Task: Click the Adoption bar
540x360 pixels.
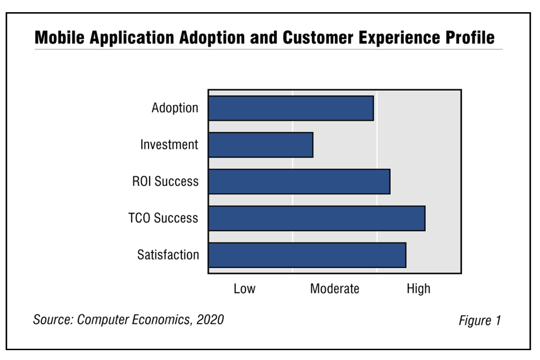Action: click(291, 108)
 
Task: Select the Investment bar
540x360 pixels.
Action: click(260, 145)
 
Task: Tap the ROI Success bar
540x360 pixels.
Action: click(299, 181)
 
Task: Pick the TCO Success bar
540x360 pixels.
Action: click(316, 218)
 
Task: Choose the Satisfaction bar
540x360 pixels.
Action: click(307, 255)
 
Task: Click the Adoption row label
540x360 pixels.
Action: click(175, 108)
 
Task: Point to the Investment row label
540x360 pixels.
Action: click(169, 145)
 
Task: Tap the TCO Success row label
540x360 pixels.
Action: click(163, 218)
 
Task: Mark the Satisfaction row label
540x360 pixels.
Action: click(168, 255)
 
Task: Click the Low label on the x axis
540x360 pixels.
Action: click(245, 289)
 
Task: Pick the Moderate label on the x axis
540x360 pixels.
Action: click(335, 289)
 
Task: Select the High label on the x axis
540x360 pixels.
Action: click(418, 289)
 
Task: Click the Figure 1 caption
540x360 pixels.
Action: click(480, 321)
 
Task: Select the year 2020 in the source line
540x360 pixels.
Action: click(210, 320)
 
